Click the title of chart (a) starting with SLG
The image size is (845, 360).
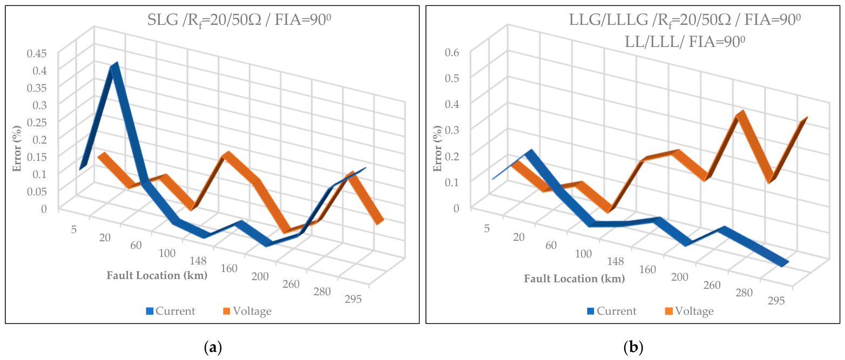point(239,20)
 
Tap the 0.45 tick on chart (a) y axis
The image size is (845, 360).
point(37,53)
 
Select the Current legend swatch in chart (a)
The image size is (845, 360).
point(150,311)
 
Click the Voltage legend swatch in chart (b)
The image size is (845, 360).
point(669,311)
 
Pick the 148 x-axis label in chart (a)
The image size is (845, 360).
point(198,261)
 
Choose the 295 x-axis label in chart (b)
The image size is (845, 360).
point(776,301)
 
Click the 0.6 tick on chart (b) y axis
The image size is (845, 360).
point(452,52)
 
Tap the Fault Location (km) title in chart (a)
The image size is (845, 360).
point(157,275)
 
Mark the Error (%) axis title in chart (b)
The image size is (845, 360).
point(437,148)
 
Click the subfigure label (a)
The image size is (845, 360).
point(213,347)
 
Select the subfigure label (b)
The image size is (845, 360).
point(633,347)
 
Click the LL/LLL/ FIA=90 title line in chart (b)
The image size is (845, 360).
point(685,42)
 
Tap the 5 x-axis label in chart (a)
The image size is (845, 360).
point(73,229)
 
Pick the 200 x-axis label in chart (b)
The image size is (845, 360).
point(679,277)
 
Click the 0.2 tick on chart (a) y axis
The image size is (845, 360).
point(39,139)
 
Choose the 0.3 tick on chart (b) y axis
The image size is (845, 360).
point(452,130)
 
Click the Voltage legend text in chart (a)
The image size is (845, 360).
point(252,311)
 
